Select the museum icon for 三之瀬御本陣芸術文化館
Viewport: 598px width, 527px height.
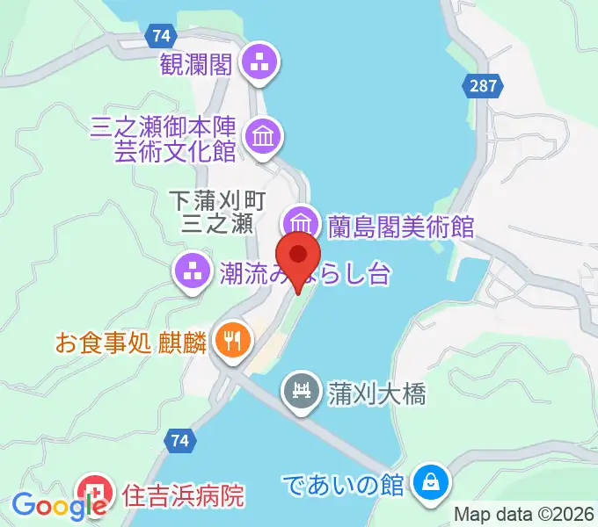click(263, 135)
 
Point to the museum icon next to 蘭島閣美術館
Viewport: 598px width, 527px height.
click(300, 221)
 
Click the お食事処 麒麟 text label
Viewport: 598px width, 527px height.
click(129, 339)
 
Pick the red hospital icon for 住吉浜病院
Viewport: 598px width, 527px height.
click(94, 491)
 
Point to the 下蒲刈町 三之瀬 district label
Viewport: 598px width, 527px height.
click(216, 212)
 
